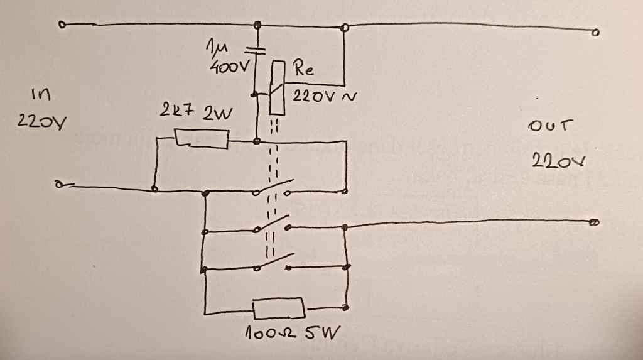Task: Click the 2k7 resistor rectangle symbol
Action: (x=201, y=138)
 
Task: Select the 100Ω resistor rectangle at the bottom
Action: (x=279, y=310)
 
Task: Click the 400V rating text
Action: (x=226, y=65)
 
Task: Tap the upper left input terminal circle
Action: (x=62, y=25)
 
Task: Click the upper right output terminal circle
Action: (x=595, y=31)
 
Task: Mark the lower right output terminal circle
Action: (x=593, y=222)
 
